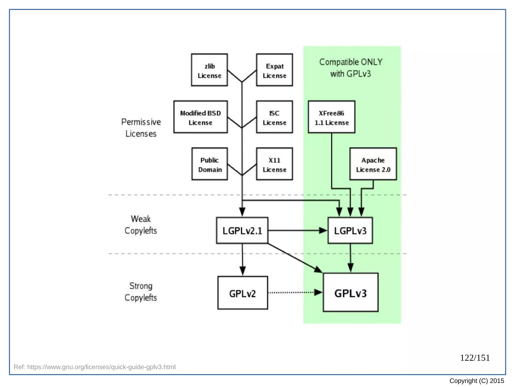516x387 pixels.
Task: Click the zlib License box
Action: click(x=209, y=70)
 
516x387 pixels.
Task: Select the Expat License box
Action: click(x=274, y=70)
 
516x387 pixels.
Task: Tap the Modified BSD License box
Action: click(x=201, y=117)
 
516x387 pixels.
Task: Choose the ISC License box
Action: click(x=274, y=117)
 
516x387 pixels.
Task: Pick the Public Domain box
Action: click(x=210, y=164)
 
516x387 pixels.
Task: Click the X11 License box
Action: click(x=274, y=164)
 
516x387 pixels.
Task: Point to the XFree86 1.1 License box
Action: click(x=332, y=117)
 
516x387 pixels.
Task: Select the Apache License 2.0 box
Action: click(x=373, y=164)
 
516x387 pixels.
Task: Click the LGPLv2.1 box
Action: click(x=242, y=231)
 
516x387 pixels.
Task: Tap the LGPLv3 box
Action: click(x=350, y=231)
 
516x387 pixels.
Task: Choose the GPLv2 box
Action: click(x=243, y=293)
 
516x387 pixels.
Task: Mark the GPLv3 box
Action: click(x=350, y=293)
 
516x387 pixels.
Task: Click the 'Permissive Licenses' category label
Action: click(x=141, y=128)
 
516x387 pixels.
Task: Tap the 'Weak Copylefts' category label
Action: click(x=141, y=225)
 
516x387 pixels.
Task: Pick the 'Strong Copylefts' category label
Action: click(x=141, y=292)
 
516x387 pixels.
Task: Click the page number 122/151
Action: click(x=475, y=358)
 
